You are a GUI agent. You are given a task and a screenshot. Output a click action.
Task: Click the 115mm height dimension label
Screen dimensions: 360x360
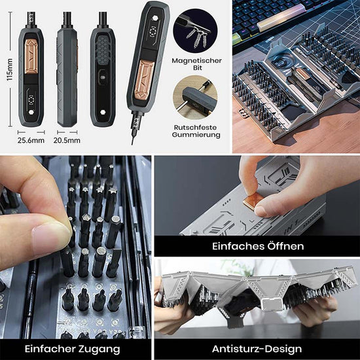tap(10, 69)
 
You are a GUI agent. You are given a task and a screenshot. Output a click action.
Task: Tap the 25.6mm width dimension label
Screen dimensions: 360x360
tap(31, 140)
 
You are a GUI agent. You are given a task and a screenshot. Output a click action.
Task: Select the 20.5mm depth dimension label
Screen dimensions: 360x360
tap(67, 140)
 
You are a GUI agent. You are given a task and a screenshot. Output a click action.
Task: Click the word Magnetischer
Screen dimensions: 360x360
tap(196, 61)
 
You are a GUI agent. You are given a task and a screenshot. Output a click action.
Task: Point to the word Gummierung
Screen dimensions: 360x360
tap(196, 135)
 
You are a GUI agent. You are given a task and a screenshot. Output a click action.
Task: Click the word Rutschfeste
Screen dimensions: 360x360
tap(196, 127)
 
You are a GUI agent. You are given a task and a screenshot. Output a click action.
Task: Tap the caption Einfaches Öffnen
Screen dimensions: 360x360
tap(258, 246)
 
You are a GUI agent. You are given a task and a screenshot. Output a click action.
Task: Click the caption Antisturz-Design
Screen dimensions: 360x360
tap(257, 349)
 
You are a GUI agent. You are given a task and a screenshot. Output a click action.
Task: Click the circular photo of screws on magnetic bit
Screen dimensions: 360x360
tap(195, 31)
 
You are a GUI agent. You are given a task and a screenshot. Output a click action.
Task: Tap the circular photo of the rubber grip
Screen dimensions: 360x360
tap(195, 98)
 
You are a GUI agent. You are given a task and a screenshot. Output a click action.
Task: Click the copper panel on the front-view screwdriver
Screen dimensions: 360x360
tap(31, 56)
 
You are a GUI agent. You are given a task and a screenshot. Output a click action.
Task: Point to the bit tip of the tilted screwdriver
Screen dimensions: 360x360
tap(132, 143)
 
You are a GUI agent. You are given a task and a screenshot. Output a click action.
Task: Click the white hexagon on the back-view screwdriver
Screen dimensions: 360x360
tap(103, 112)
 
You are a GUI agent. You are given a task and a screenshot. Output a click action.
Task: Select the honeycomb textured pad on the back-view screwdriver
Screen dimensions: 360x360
tap(103, 50)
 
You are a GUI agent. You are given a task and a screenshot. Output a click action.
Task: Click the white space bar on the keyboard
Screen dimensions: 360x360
tap(281, 18)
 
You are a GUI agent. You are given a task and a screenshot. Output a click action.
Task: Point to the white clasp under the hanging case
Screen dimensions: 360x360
tap(272, 304)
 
